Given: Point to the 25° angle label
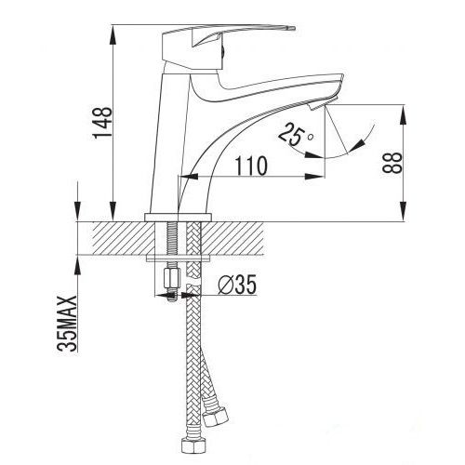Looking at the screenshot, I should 296,137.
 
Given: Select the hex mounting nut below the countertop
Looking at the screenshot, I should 169,279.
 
